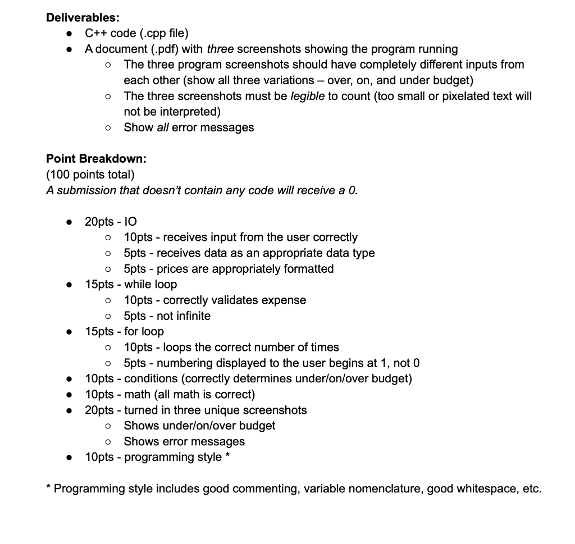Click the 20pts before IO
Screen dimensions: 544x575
[x=99, y=222]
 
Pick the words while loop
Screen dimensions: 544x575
[x=150, y=285]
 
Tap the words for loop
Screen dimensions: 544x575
[x=144, y=332]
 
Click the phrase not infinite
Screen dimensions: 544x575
[x=184, y=316]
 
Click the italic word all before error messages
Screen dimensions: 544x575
[x=162, y=127]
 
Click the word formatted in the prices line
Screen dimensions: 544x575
[x=309, y=269]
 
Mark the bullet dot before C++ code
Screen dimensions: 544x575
[x=69, y=33]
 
